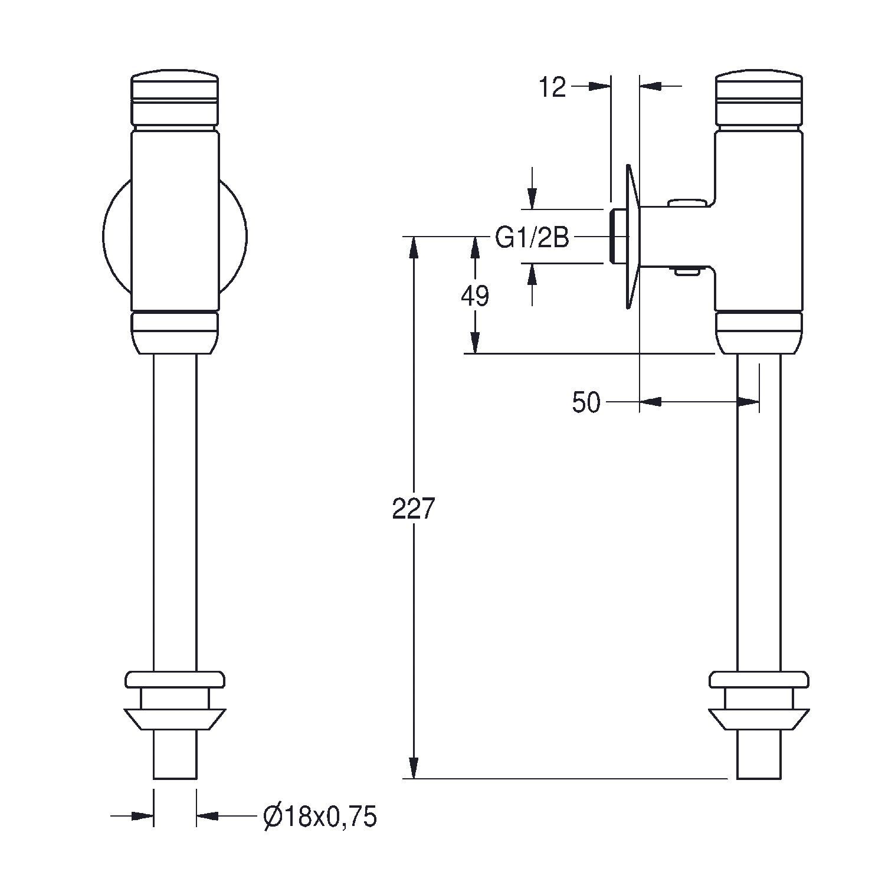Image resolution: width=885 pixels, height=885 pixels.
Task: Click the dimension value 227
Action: (x=413, y=509)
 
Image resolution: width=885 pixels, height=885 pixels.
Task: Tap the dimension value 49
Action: (x=475, y=296)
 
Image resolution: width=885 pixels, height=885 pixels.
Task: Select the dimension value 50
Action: (x=586, y=403)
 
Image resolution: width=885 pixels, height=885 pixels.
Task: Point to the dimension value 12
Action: (x=552, y=87)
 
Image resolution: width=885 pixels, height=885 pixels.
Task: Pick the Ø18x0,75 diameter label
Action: (x=319, y=817)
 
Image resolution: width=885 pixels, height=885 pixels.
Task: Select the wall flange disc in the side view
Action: (x=632, y=236)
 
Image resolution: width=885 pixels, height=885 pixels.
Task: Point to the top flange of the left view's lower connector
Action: (x=175, y=679)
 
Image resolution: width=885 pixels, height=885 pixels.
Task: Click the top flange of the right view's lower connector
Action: (x=759, y=679)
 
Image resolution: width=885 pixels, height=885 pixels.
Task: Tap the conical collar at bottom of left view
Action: (x=175, y=720)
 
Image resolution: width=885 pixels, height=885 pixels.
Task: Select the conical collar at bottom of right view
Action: (x=759, y=720)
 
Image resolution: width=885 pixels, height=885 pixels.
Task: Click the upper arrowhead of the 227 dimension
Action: (x=414, y=247)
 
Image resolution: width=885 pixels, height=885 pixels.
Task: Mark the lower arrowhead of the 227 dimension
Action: (x=414, y=768)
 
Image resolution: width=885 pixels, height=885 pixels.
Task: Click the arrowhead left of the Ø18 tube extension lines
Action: (x=142, y=816)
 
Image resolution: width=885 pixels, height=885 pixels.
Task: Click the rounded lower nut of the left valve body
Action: (x=175, y=333)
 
